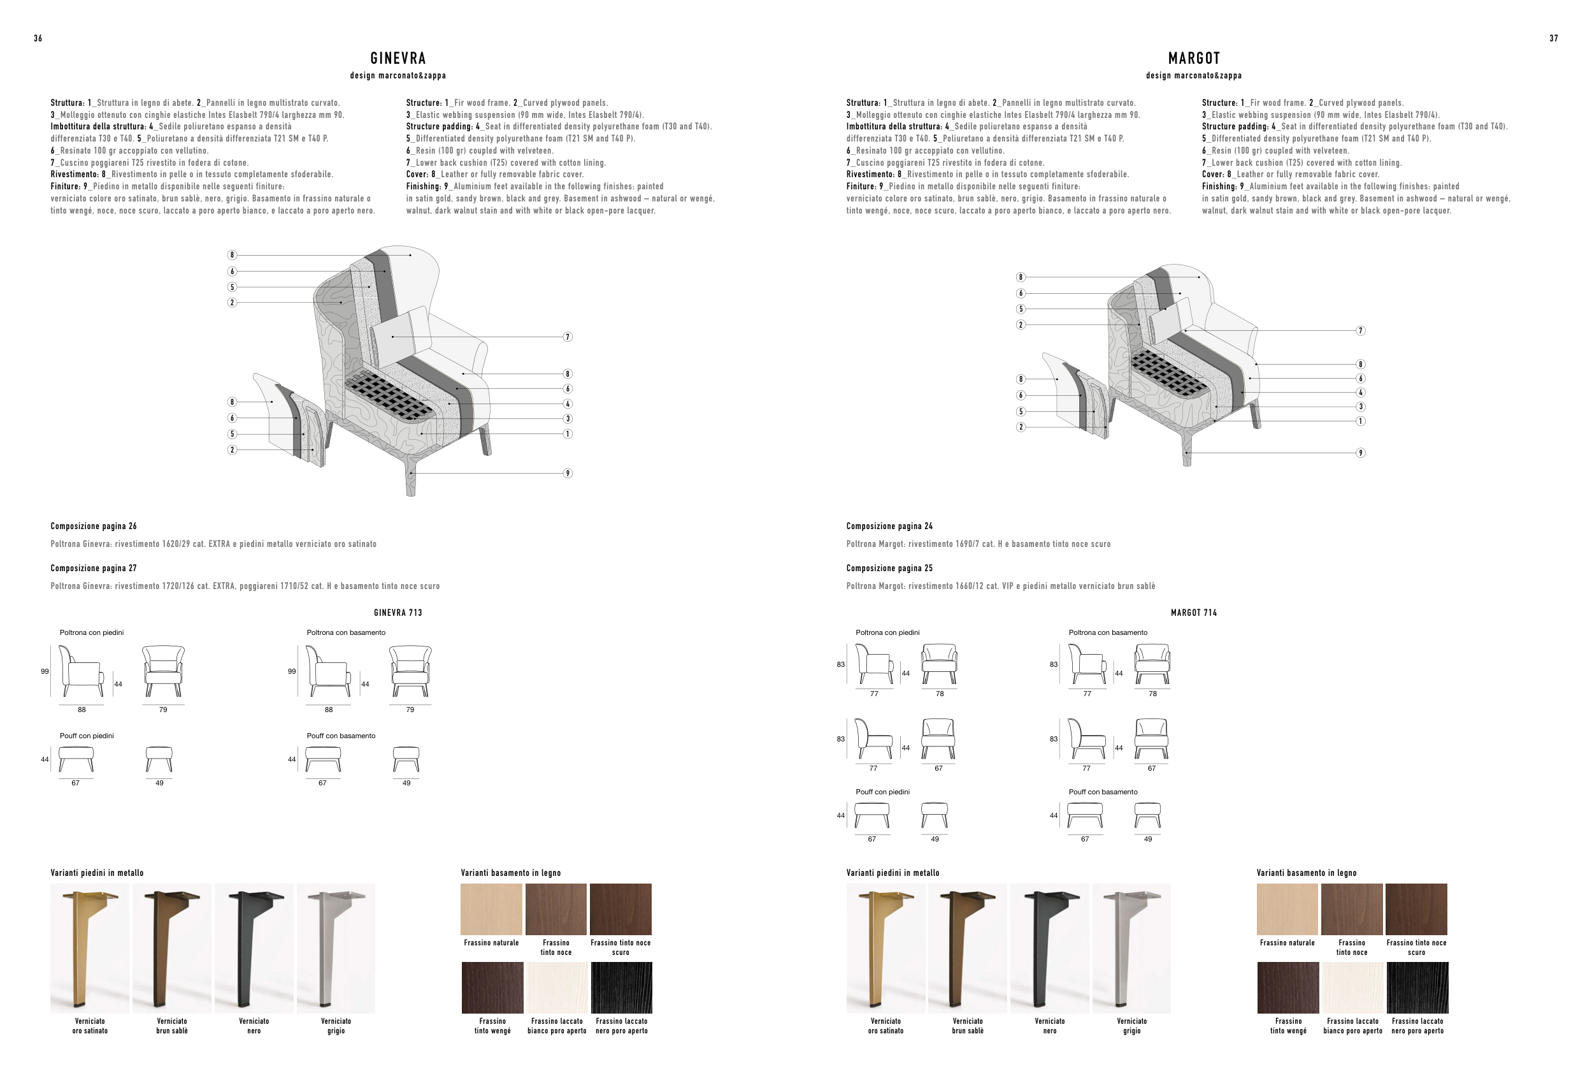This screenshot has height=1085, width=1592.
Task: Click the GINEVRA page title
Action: point(398,58)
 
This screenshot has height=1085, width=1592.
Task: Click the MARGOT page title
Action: point(1193,58)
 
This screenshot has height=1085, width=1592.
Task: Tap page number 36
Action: point(38,38)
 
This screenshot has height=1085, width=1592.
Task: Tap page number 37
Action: point(1554,38)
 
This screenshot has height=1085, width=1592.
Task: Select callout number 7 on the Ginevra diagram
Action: point(567,337)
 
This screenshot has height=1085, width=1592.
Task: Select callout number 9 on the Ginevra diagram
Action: point(567,473)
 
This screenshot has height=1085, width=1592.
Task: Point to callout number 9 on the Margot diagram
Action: point(1361,453)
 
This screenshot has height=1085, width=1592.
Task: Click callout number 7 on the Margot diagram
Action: point(1361,330)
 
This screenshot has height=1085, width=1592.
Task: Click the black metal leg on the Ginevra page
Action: point(254,948)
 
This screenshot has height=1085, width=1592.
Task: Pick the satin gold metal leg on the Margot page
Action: point(885,948)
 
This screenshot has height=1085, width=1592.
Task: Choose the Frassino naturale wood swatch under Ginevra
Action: point(491,909)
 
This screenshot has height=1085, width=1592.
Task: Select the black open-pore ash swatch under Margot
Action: point(1417,987)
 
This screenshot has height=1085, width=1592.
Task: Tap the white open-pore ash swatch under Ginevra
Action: point(557,987)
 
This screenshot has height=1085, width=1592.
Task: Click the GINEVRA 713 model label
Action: point(398,613)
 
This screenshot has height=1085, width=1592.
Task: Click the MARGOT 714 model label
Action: point(1193,613)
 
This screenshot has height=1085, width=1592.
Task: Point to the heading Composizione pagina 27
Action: point(93,568)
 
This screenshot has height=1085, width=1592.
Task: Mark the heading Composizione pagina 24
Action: point(889,527)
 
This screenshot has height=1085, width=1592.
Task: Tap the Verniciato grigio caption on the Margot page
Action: point(1131,1025)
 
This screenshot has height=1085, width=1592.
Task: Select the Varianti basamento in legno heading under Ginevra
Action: point(510,873)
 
